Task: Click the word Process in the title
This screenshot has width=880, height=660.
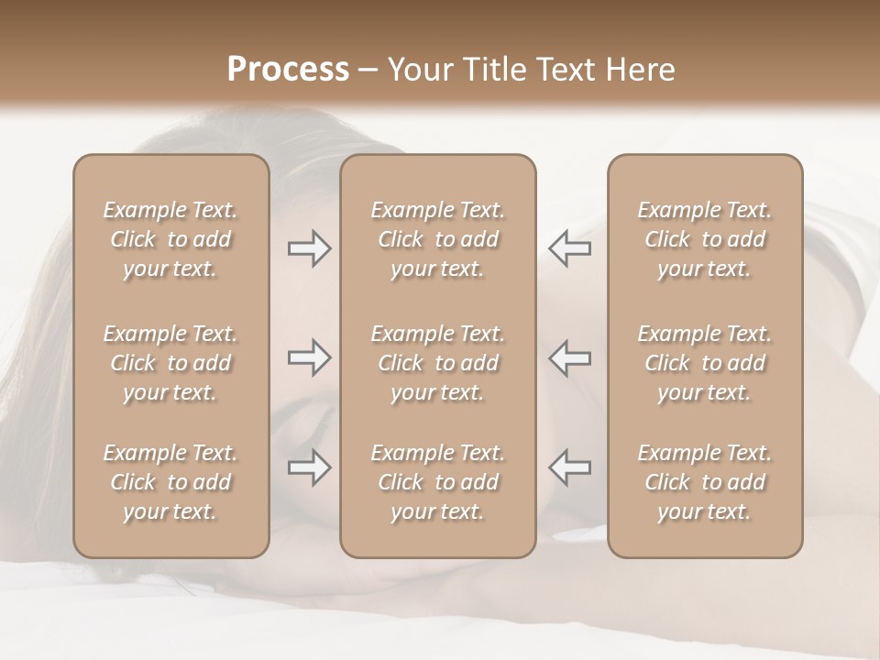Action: [288, 70]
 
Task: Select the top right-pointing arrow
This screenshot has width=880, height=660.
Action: [309, 248]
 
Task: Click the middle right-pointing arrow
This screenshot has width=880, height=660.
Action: [309, 357]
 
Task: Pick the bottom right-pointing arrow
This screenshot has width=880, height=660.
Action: [309, 467]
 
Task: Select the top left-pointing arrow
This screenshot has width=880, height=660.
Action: [570, 248]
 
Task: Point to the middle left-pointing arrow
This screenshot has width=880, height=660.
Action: [570, 357]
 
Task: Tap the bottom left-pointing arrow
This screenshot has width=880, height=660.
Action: [570, 467]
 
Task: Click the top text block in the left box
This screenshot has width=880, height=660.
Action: [170, 239]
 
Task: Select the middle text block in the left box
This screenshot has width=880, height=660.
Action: [170, 363]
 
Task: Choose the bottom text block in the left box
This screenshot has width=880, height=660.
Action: [170, 482]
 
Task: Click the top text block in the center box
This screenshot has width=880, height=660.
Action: [437, 239]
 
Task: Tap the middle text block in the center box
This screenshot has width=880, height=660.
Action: [437, 363]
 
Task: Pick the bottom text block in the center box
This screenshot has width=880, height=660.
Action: [437, 482]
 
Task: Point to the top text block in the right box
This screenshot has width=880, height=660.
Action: [704, 239]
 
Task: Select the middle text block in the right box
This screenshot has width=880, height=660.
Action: [704, 363]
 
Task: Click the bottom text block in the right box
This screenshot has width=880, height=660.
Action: [704, 482]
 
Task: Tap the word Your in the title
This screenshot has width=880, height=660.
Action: [419, 70]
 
